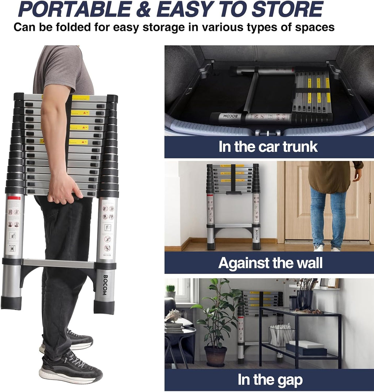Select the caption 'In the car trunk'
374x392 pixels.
[x=268, y=146]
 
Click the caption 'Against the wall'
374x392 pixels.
[x=270, y=263]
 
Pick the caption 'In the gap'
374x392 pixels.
[x=270, y=380]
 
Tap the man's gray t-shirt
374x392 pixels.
[x=62, y=69]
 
